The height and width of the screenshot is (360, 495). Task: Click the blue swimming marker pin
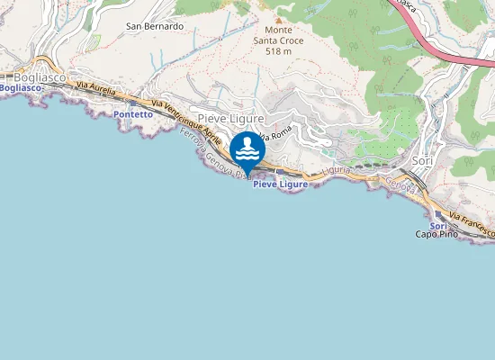coord(247,149)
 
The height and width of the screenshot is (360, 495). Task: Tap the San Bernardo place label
coord(155,26)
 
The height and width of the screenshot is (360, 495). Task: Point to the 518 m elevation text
coord(279,52)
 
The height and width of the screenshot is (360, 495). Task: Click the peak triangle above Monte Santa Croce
coord(278,19)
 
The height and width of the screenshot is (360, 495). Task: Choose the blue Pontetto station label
coord(133,115)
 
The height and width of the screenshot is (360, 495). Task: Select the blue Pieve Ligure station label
coord(280,184)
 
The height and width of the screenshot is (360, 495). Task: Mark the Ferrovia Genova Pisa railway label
coord(214,153)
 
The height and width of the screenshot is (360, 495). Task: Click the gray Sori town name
coord(422,160)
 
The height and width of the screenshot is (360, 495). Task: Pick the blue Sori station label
coord(437,225)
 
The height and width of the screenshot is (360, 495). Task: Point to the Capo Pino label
coord(436,235)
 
